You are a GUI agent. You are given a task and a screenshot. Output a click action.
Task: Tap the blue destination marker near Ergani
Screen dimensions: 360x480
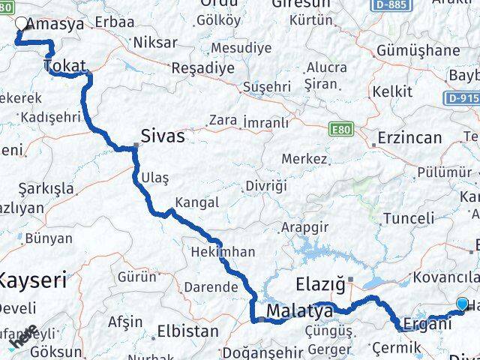click(462, 304)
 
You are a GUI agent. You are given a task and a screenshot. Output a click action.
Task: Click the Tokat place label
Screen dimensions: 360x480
click(65, 66)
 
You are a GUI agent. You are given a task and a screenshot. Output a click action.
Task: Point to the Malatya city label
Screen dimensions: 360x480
click(299, 310)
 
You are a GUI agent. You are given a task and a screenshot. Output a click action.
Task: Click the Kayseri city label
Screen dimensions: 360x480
click(31, 281)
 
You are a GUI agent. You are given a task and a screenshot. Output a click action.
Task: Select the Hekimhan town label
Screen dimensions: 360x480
click(223, 252)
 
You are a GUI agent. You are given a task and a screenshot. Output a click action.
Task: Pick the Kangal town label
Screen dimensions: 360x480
click(196, 202)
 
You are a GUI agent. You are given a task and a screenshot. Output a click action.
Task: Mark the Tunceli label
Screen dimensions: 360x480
click(408, 218)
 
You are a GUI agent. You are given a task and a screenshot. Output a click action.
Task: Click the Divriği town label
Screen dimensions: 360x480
click(265, 185)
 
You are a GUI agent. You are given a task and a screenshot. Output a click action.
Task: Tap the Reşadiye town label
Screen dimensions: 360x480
click(203, 67)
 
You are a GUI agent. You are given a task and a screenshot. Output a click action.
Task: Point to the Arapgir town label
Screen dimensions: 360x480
click(305, 227)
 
